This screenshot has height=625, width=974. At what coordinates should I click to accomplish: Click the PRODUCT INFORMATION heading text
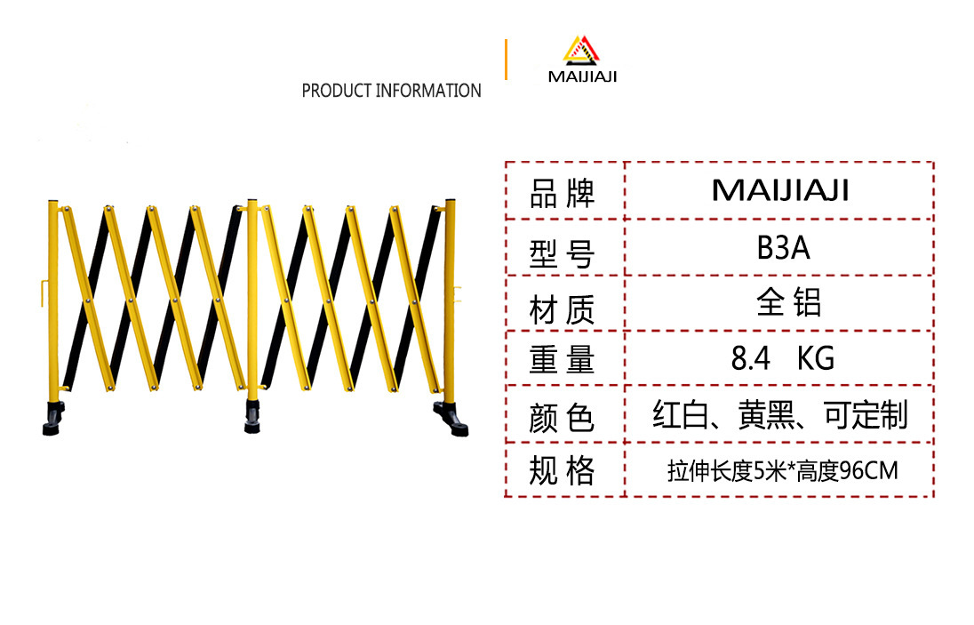(x=391, y=91)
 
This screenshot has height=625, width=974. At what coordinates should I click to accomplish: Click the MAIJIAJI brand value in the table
(x=780, y=190)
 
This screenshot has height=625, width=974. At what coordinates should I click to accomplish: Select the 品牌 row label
(x=562, y=194)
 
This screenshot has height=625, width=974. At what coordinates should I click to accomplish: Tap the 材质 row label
(x=562, y=310)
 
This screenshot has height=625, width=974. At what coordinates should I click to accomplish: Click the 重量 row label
(x=562, y=360)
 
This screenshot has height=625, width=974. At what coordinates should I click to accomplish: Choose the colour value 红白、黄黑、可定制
(x=780, y=415)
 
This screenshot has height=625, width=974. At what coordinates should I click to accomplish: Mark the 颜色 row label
(x=562, y=417)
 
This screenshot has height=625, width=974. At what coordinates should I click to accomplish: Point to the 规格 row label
(x=562, y=471)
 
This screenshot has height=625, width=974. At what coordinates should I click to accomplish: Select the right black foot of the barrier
(x=452, y=419)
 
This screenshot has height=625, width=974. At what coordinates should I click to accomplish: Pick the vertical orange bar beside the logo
(x=506, y=60)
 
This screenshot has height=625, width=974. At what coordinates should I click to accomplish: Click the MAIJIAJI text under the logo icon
(x=582, y=76)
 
